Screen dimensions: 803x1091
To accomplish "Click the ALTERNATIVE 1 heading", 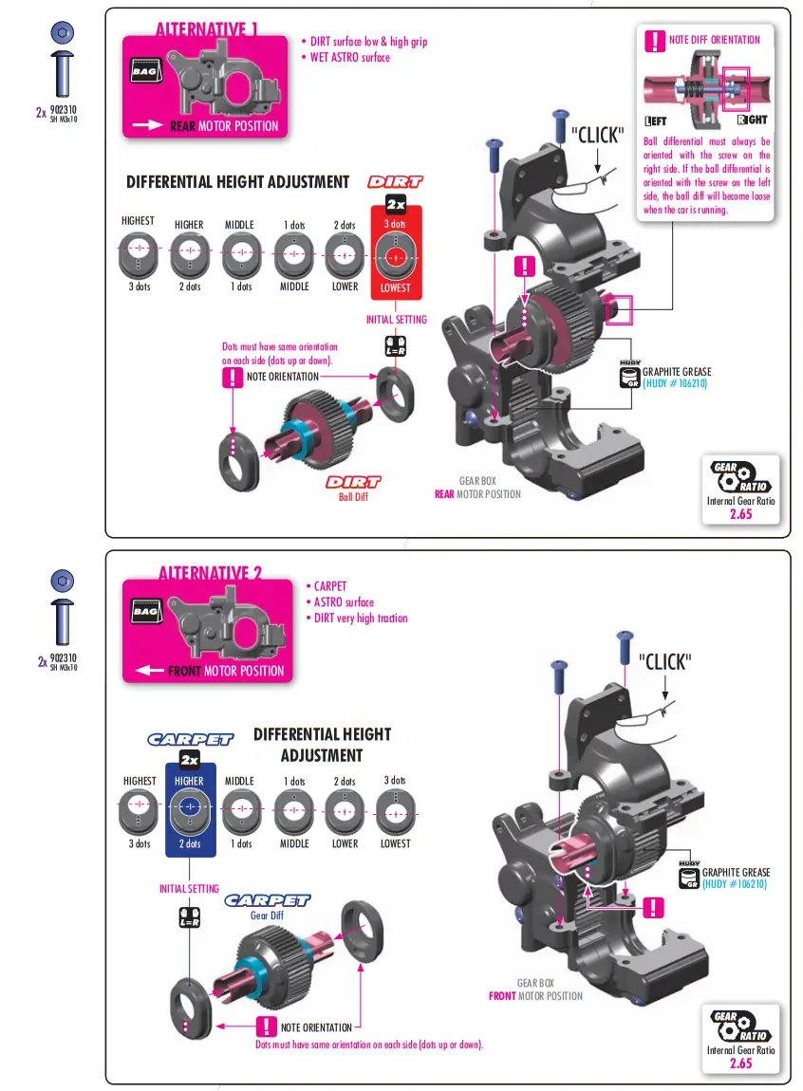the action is tap(207, 29).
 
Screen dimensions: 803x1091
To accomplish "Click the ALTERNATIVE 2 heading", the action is tap(210, 573).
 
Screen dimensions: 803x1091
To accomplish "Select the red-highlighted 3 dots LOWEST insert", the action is tap(395, 255).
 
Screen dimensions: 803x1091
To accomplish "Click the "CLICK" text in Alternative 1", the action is tap(597, 135).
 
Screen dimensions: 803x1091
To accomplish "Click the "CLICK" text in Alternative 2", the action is tap(665, 661).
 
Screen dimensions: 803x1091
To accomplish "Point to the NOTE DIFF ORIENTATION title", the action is tap(715, 40).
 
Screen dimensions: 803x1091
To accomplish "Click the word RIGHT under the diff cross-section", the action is tap(752, 120).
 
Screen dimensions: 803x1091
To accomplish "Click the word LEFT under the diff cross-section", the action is tap(656, 121).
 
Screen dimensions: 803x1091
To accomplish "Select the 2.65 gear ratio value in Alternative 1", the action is tap(740, 514).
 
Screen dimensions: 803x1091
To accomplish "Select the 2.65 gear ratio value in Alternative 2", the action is tap(740, 1063).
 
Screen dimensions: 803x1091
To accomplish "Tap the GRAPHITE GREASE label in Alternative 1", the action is tap(677, 372).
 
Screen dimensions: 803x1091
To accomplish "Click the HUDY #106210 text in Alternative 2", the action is tap(734, 884).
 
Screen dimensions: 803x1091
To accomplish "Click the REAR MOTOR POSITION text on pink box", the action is tap(224, 126).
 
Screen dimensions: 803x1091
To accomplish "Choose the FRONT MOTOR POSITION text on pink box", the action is tap(226, 672).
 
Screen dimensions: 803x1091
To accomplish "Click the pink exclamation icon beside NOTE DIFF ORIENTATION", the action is tap(655, 41).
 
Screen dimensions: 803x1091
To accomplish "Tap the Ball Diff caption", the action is tap(353, 497).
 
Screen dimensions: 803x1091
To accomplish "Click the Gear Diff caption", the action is tap(267, 915).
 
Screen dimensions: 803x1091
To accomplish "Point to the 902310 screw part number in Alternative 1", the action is tap(64, 110).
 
